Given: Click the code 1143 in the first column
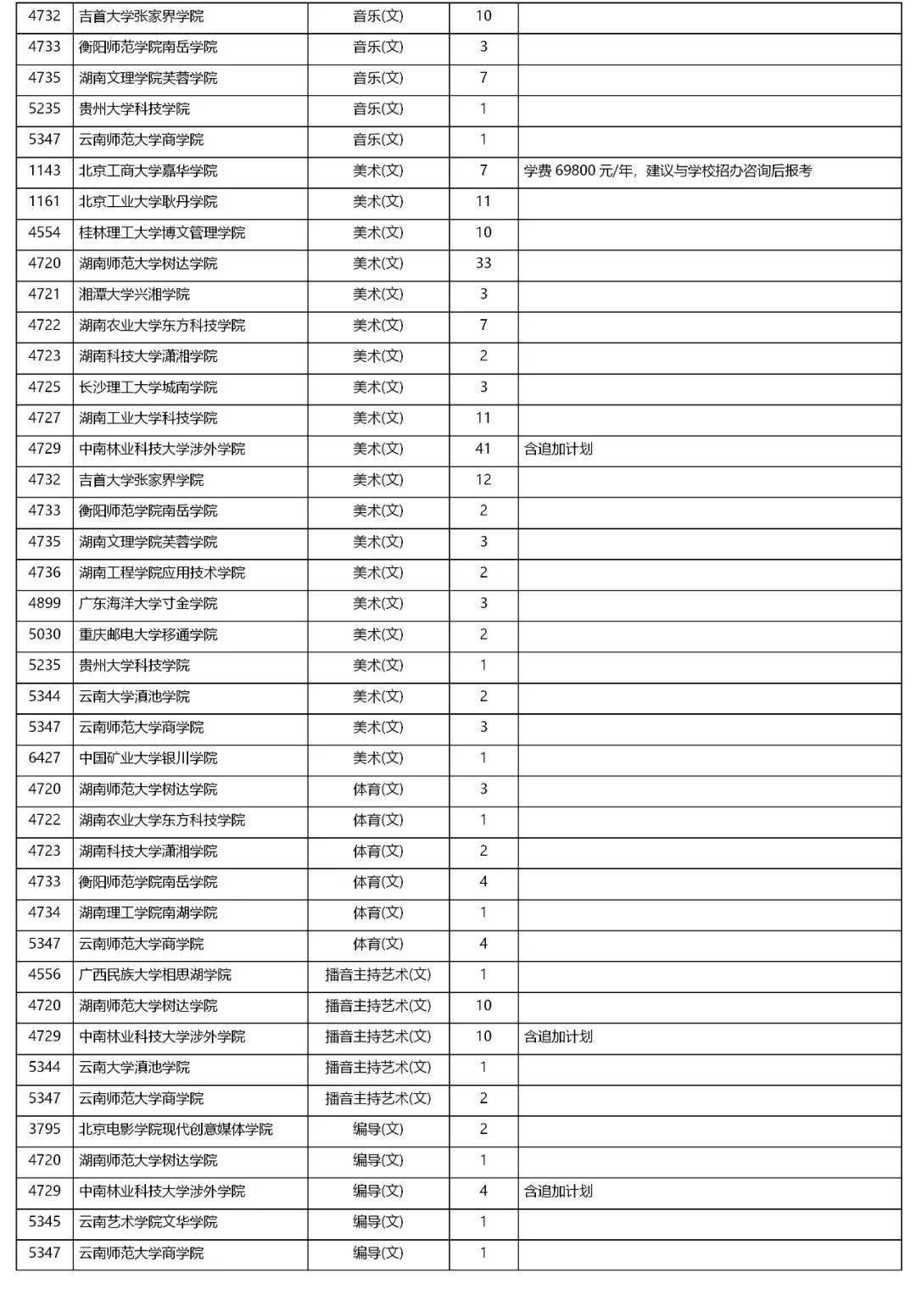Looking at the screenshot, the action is click(x=44, y=170).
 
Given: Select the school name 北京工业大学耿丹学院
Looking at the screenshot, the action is click(x=148, y=202).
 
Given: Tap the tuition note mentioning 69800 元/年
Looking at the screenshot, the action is click(x=667, y=170).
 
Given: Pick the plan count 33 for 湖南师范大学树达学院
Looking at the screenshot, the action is click(x=483, y=263).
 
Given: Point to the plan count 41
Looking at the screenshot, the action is click(x=483, y=449).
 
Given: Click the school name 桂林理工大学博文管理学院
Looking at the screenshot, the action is click(x=161, y=232).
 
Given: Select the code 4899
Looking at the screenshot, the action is click(x=44, y=603).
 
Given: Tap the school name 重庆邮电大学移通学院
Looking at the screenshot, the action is click(x=148, y=634).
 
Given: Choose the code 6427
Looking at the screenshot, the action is click(x=44, y=758).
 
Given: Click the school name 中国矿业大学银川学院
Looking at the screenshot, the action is click(x=148, y=758).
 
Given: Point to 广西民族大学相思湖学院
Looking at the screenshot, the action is click(x=154, y=974).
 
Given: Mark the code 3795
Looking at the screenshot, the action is click(x=44, y=1129).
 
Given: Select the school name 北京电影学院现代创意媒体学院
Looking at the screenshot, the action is click(x=176, y=1129).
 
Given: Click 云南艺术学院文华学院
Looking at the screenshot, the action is click(x=148, y=1222).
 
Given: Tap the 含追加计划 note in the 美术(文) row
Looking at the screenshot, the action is click(x=558, y=449).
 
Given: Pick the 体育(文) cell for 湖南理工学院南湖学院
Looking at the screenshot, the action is click(x=378, y=913).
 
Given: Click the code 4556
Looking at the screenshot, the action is click(x=44, y=974).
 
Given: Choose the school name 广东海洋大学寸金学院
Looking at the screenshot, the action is click(x=148, y=603).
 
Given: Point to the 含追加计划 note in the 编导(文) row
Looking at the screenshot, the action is click(x=558, y=1191).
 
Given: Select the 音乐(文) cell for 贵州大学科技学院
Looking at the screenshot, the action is click(x=378, y=109).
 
